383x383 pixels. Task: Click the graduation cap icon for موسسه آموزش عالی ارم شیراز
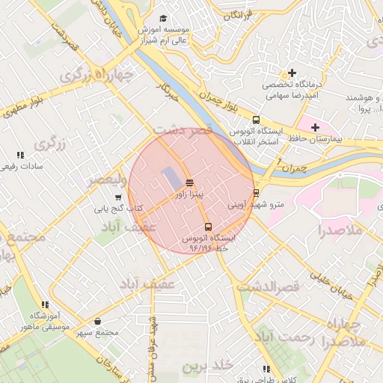coord(164,19)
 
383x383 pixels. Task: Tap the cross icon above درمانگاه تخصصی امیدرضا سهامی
coord(292,73)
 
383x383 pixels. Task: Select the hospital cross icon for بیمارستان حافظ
coord(315,127)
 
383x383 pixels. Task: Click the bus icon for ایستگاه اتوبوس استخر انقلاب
coord(257,120)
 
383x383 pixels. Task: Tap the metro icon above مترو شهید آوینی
coord(257,192)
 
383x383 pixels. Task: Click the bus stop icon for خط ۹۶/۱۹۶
coord(208,227)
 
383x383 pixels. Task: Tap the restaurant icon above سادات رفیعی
coord(19,155)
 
